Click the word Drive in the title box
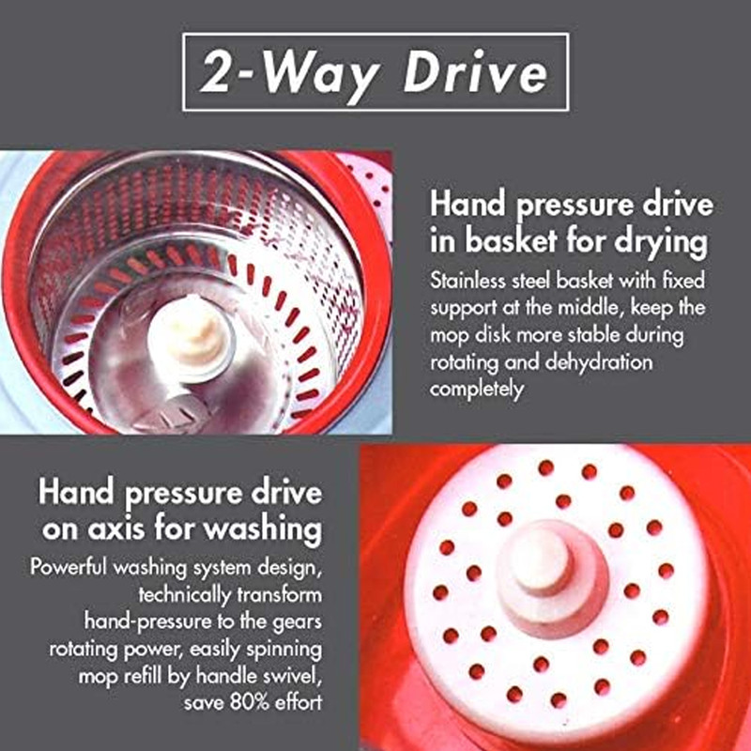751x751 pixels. click(x=475, y=72)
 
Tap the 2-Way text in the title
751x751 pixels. click(x=288, y=74)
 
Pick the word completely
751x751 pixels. click(x=477, y=390)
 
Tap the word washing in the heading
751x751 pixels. click(x=262, y=529)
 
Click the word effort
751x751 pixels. click(x=300, y=702)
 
